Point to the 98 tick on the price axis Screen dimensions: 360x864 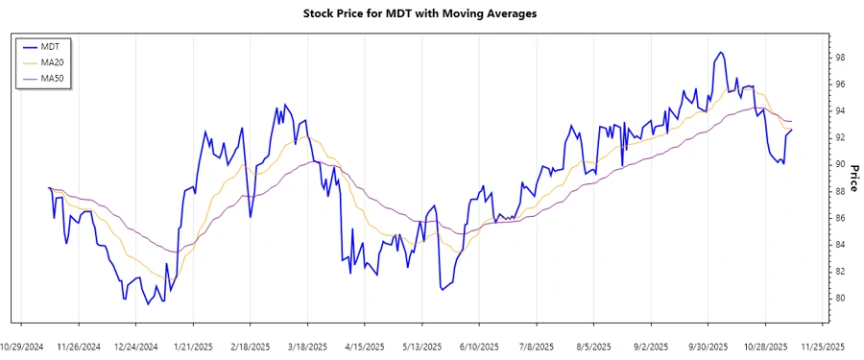840,58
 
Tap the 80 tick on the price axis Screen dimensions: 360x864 840,299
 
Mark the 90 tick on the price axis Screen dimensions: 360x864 840,165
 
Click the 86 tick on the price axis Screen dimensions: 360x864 840,218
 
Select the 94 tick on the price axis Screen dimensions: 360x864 840,111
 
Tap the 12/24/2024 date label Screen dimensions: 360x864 135,346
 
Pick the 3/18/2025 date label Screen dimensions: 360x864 309,346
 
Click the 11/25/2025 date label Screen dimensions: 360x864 823,346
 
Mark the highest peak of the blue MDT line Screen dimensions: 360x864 719,52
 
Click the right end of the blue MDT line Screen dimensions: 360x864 792,130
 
